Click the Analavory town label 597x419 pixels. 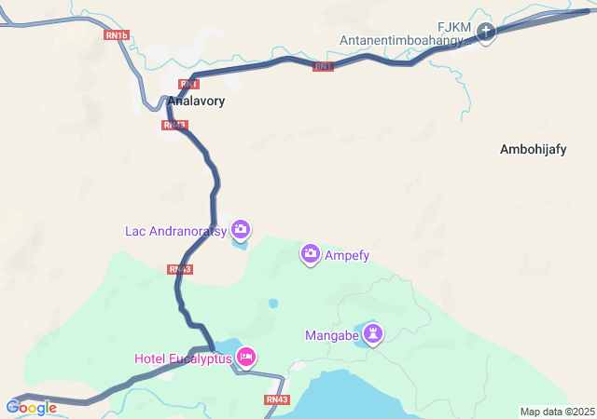(x=196, y=101)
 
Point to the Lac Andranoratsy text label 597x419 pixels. (x=176, y=230)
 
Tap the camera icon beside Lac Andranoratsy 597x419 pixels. (x=241, y=229)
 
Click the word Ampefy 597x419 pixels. (x=347, y=254)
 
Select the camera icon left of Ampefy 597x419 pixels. (x=311, y=253)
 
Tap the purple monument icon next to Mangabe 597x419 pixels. (x=373, y=333)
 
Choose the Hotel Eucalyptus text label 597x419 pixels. (x=183, y=358)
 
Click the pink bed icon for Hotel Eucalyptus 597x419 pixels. (x=246, y=357)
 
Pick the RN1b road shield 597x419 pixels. (x=115, y=34)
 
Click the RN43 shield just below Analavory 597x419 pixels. (x=174, y=125)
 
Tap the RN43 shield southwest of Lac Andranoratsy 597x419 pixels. (x=180, y=269)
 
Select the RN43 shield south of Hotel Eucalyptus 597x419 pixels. (x=277, y=399)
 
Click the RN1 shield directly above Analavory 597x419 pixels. (x=189, y=84)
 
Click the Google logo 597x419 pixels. (x=32, y=407)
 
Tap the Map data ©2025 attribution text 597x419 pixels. (x=556, y=412)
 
